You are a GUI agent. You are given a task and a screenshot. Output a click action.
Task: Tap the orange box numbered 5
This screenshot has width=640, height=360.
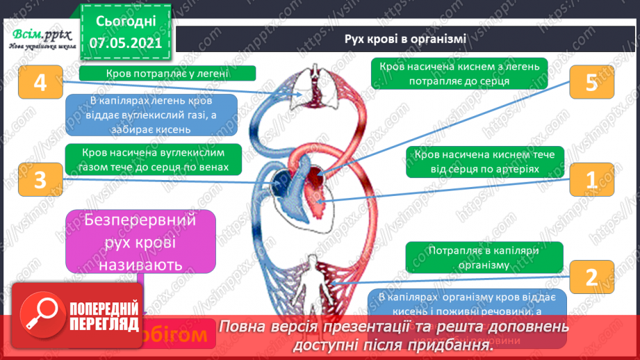click(x=591, y=83)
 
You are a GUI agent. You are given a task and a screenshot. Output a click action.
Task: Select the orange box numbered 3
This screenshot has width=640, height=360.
click(x=39, y=180)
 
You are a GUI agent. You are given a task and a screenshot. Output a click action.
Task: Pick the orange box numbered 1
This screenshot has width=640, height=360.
click(x=591, y=180)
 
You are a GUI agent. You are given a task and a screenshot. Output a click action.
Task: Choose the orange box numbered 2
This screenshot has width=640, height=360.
click(x=591, y=278)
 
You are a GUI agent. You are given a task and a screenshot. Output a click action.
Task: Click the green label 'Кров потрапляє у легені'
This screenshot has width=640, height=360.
click(x=167, y=73)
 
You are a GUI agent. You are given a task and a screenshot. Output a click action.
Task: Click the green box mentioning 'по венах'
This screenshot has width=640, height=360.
click(x=154, y=159)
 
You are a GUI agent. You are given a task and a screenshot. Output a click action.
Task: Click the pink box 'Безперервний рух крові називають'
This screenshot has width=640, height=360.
click(x=140, y=241)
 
